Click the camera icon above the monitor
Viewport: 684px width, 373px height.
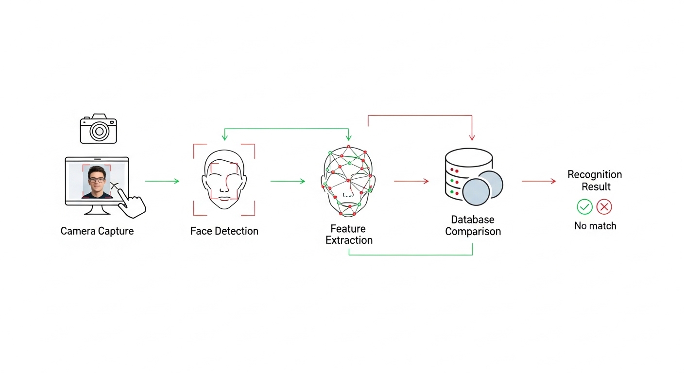98,129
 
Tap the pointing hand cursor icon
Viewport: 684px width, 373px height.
131,203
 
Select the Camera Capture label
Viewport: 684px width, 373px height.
97,231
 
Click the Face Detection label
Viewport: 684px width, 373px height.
224,231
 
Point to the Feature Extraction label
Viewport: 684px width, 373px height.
349,235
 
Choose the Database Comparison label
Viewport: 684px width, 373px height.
473,225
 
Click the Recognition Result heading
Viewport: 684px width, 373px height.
595,180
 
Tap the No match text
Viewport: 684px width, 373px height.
595,226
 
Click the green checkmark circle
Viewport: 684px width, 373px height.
584,207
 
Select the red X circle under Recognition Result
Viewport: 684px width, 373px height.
604,207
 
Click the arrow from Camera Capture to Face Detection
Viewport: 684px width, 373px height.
162,181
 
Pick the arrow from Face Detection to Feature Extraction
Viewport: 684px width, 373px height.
288,181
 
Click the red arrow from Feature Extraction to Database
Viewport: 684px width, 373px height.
411,181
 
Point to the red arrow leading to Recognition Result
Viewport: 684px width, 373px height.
539,181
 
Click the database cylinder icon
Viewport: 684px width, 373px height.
469,174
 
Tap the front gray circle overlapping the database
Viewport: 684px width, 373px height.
476,192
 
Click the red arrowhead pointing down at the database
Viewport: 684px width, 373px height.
472,137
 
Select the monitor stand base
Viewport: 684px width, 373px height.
98,212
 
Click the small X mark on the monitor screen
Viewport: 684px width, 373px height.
115,186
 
